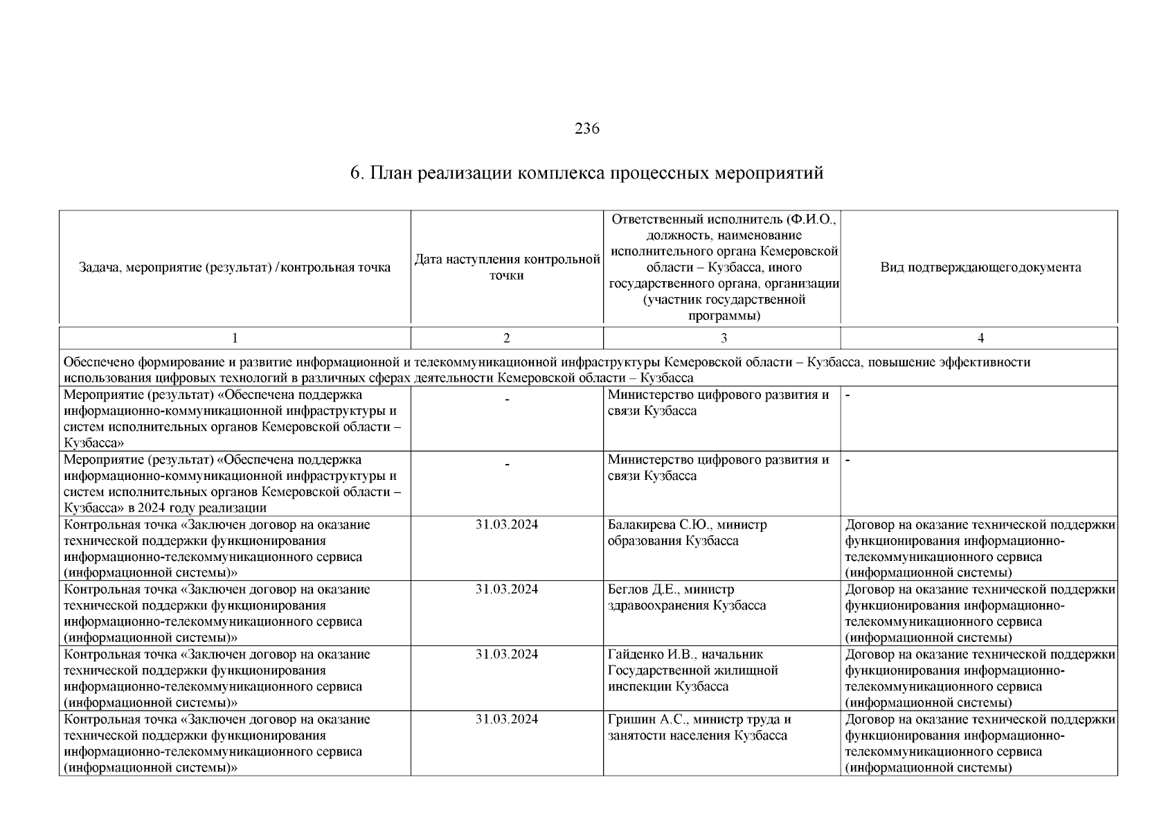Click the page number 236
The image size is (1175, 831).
586,129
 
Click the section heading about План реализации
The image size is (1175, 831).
586,172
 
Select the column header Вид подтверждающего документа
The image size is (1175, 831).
980,267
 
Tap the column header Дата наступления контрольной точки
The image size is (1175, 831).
507,267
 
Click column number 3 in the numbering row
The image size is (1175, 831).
724,338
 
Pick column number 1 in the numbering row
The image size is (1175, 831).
235,338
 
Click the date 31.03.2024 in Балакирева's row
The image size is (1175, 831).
507,525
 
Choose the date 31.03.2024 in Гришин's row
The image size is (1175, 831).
507,720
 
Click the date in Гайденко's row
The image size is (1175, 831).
507,654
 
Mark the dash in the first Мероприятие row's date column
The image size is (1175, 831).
507,400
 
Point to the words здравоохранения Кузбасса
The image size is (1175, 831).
687,606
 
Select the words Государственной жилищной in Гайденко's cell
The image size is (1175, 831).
692,670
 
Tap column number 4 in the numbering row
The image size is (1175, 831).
980,338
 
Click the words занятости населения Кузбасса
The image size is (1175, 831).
697,735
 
